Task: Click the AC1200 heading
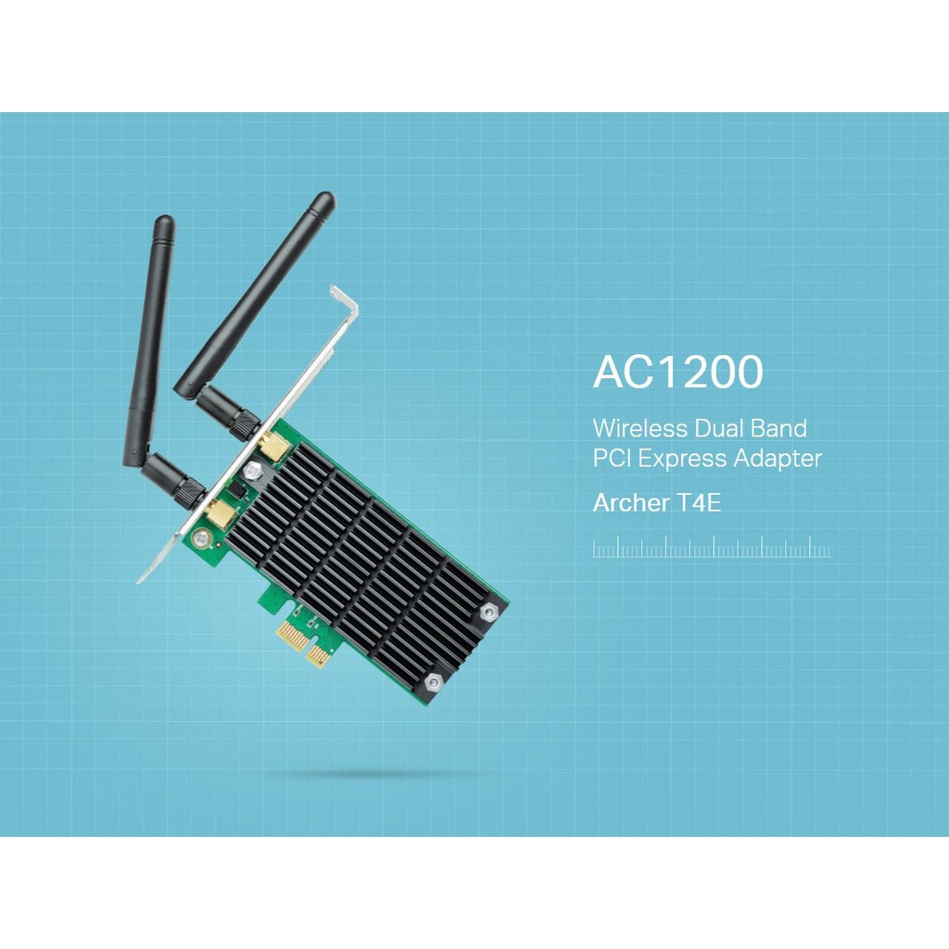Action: pyautogui.click(x=677, y=372)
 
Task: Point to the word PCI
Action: pyautogui.click(x=613, y=458)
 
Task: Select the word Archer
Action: pyautogui.click(x=630, y=504)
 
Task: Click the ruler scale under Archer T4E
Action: pyautogui.click(x=711, y=550)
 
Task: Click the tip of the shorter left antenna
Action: pyautogui.click(x=164, y=222)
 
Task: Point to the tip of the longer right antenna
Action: pyautogui.click(x=323, y=199)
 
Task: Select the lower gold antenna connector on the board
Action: pyautogui.click(x=219, y=513)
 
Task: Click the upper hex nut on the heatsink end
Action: pyautogui.click(x=488, y=612)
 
